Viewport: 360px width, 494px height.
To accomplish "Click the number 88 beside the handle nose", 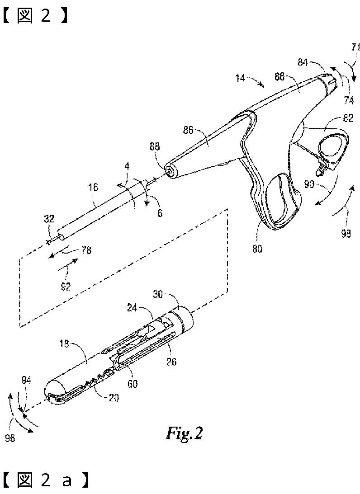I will pyautogui.click(x=154, y=147).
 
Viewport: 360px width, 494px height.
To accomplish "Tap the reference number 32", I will pyautogui.click(x=49, y=219).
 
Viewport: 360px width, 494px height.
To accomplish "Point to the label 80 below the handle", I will pyautogui.click(x=258, y=248).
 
